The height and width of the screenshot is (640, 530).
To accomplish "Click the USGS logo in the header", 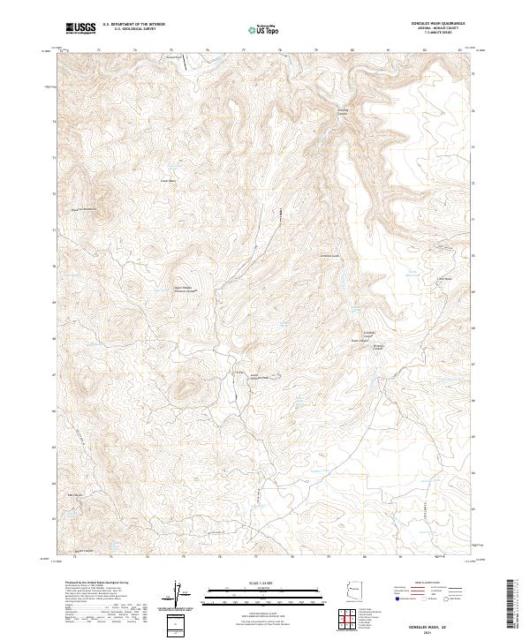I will click(82, 27).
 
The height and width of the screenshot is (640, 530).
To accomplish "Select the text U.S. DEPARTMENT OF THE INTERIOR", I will click(140, 24).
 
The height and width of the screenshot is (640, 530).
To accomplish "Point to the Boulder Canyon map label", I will click(344, 111).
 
